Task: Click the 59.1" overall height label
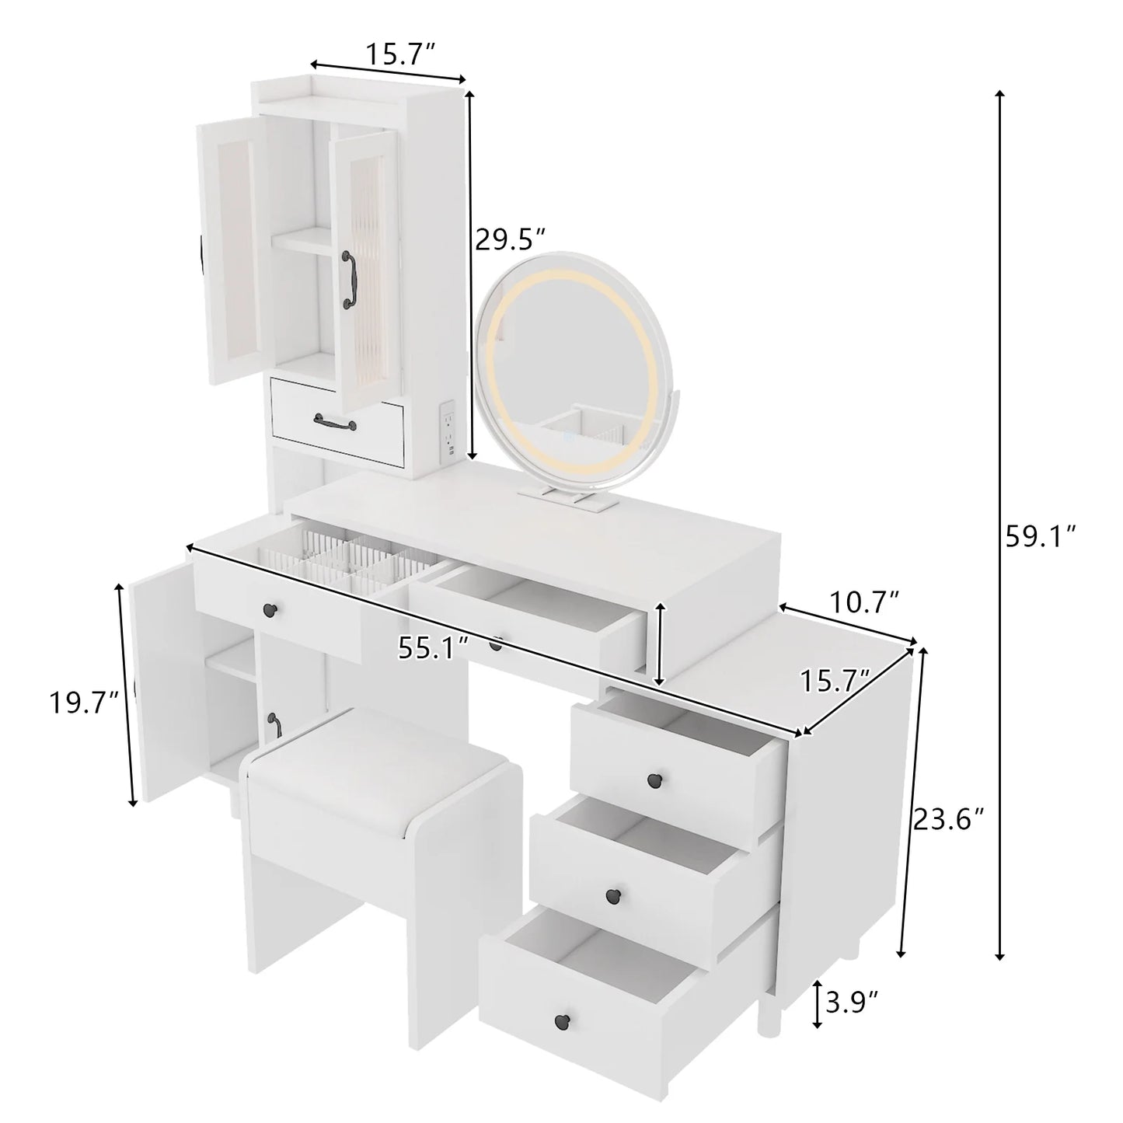[x=1040, y=537]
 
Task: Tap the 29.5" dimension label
[x=511, y=239]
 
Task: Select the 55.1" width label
[x=433, y=647]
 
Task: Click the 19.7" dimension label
[x=84, y=703]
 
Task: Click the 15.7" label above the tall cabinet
[x=399, y=54]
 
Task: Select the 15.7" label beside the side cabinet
[x=835, y=682]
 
